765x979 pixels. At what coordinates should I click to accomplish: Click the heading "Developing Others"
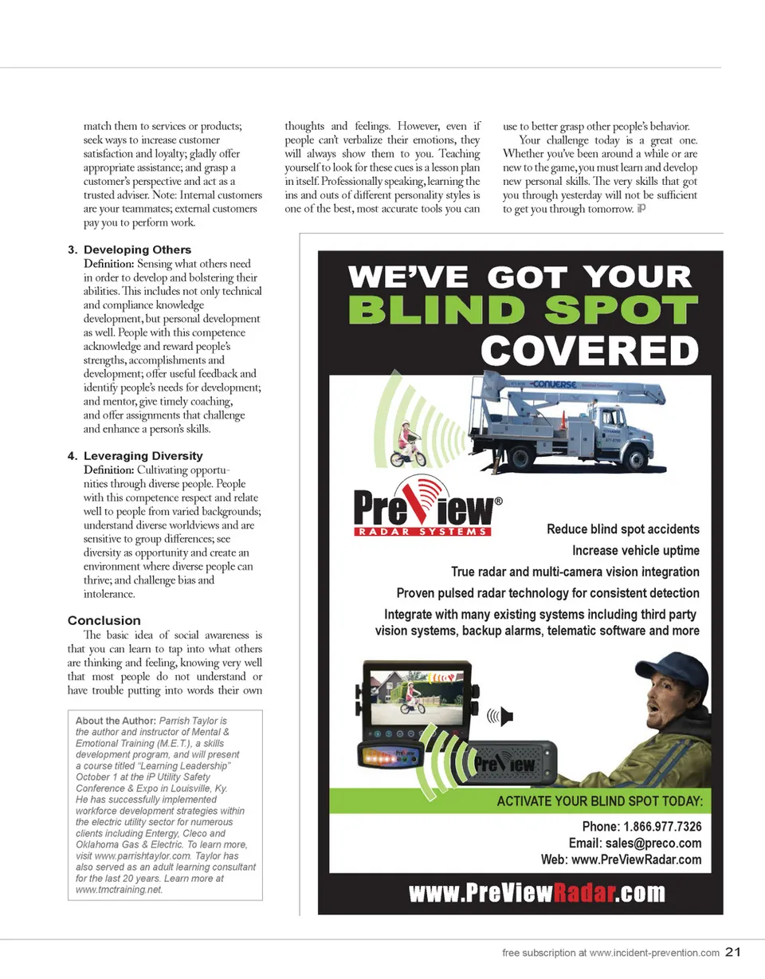pos(137,250)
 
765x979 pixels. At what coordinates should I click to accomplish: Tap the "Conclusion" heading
pos(104,620)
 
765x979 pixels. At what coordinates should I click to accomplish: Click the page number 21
pos(734,951)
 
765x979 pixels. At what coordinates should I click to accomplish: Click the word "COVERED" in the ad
pos(590,350)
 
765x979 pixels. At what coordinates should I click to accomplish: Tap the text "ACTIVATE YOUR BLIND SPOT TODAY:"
pos(598,800)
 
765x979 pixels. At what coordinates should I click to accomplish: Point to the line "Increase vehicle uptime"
pos(635,550)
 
